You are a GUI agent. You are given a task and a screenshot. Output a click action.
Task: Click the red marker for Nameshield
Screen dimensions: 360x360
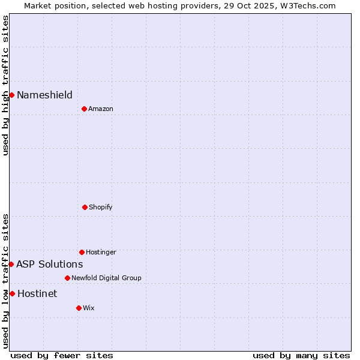[x=11, y=95]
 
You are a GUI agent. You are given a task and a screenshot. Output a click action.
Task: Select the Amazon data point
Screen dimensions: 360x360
[x=84, y=109]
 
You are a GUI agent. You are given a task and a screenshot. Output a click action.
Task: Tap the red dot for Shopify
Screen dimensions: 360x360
[x=85, y=207]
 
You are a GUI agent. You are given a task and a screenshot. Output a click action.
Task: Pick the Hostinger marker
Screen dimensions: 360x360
[x=82, y=252]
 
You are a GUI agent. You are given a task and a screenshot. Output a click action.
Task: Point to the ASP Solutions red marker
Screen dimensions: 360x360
[x=11, y=264]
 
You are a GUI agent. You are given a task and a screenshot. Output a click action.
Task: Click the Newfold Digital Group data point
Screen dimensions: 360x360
[x=67, y=278]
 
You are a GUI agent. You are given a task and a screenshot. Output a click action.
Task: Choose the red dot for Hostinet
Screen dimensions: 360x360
[x=12, y=293]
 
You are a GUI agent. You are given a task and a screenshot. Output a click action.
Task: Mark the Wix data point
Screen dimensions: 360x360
[x=79, y=308]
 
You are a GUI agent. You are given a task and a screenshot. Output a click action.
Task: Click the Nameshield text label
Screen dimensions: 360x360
[x=44, y=95]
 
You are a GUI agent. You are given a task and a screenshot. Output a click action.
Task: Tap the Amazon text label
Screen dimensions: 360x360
[x=101, y=109]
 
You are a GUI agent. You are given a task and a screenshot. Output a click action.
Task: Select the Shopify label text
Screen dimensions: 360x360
[x=101, y=207]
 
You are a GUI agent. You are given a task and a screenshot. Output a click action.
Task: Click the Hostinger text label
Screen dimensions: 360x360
[x=101, y=252]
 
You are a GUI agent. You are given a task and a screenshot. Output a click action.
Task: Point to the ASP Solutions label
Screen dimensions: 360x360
[x=49, y=264]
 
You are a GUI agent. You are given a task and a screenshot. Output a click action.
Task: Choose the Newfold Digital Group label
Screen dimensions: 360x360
[x=106, y=278]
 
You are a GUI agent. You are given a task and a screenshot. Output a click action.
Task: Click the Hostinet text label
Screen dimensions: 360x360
[x=37, y=293]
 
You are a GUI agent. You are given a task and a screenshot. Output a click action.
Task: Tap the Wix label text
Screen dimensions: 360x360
[x=89, y=308]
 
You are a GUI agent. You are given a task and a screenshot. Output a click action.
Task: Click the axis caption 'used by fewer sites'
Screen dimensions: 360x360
[x=62, y=355]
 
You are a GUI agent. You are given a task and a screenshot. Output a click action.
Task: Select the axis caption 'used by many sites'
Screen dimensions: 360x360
[x=301, y=355]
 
